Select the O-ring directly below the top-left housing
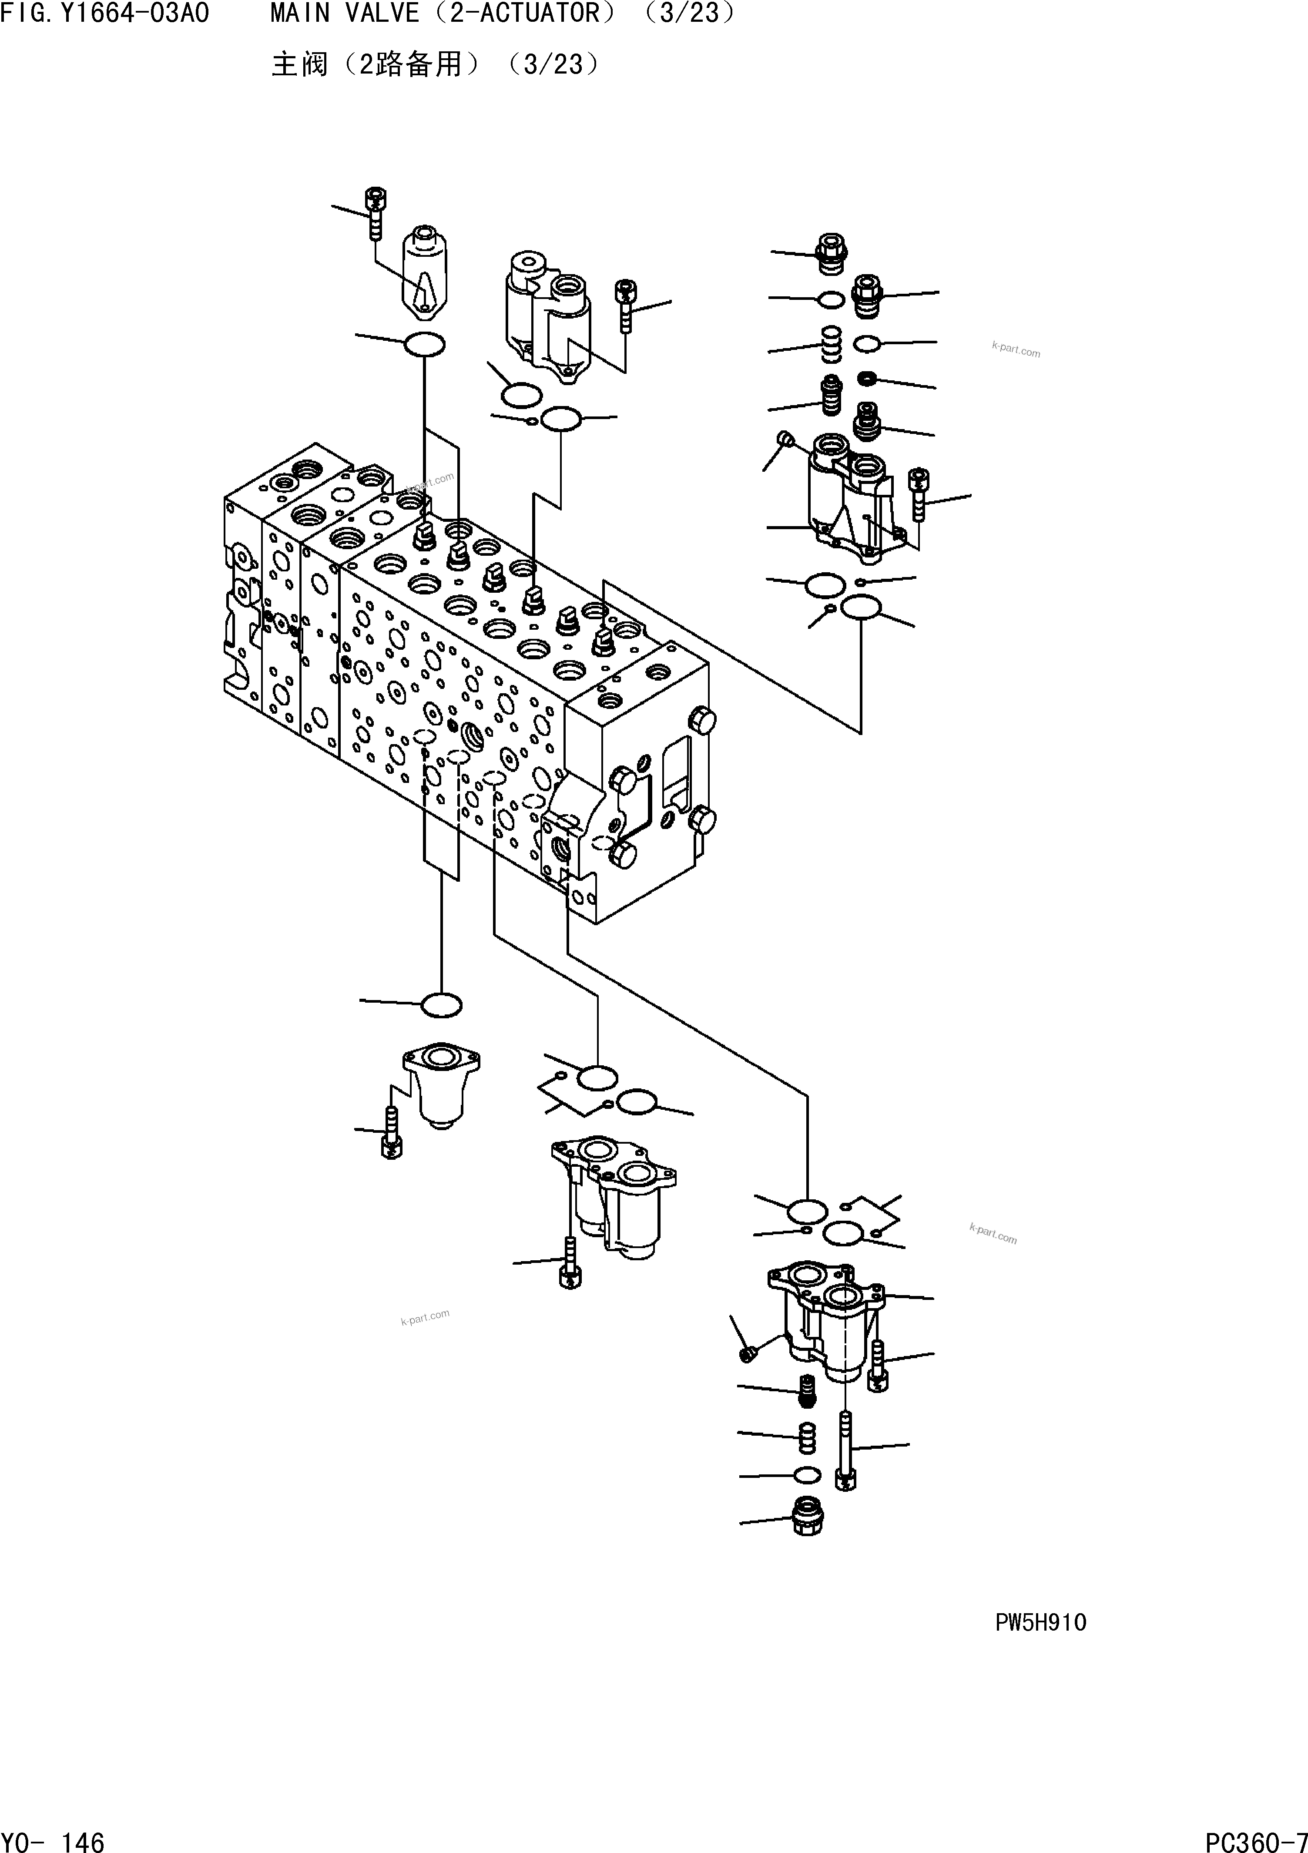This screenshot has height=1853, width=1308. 424,345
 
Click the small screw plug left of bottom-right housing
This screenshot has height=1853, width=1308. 747,1353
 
